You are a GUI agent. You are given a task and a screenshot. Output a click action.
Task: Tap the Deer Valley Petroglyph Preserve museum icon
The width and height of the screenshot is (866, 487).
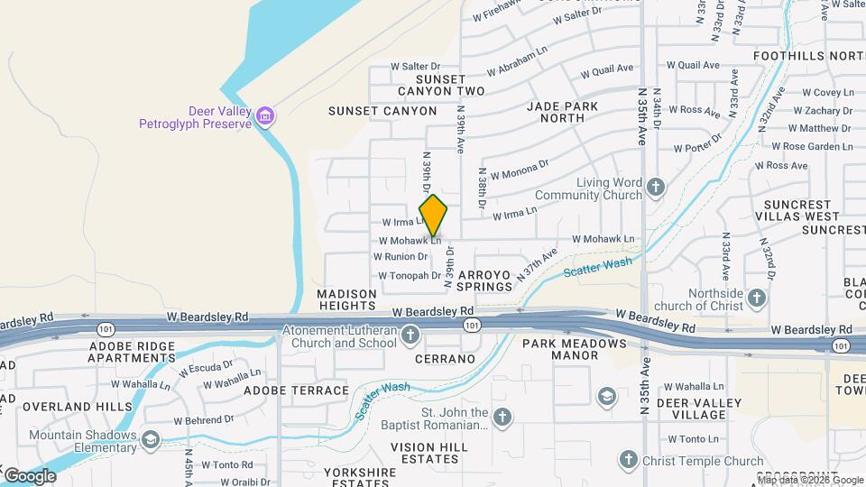265,116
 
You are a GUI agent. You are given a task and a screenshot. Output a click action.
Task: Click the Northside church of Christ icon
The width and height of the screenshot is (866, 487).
757,297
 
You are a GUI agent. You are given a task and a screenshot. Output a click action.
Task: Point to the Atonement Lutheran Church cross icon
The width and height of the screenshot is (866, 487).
410,336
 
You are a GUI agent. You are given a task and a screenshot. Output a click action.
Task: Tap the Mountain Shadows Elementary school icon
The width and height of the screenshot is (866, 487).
150,441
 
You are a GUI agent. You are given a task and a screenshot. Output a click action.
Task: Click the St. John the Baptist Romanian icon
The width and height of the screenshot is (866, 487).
502,418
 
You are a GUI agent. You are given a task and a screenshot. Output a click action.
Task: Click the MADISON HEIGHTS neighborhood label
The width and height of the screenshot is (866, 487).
346,300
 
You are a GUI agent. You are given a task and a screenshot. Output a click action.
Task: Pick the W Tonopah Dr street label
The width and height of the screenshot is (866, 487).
410,276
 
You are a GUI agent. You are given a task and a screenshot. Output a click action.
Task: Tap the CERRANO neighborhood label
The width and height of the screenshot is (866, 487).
445,359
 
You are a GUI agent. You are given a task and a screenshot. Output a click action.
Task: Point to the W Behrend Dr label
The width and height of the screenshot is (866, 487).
204,419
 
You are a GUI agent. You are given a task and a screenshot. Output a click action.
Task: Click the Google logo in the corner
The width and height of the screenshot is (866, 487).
31,476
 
